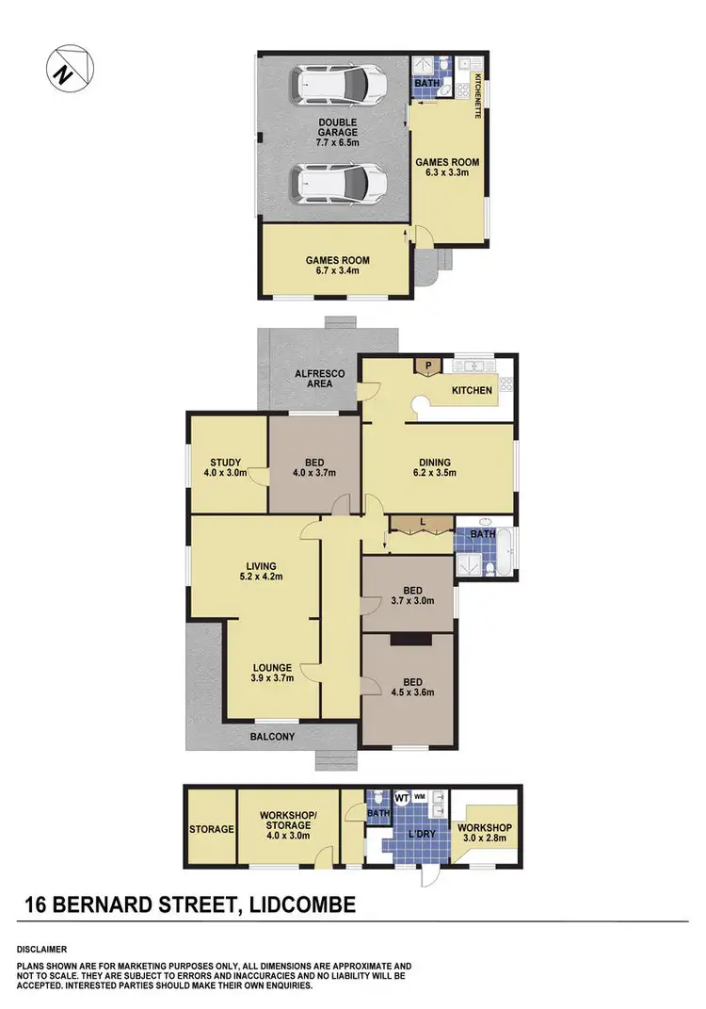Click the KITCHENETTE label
tap(478, 94)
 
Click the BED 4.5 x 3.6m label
tap(409, 689)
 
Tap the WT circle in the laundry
tap(400, 797)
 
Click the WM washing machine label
tap(419, 796)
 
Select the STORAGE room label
tap(211, 829)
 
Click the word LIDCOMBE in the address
tap(297, 905)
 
